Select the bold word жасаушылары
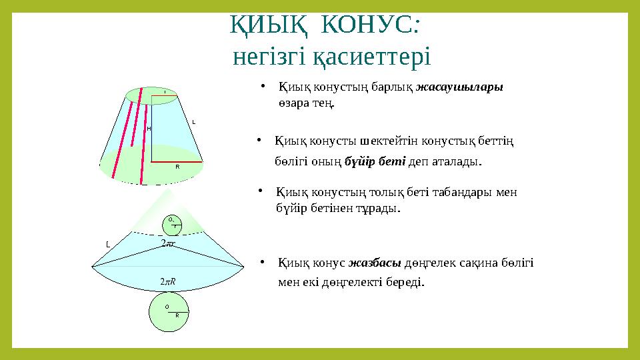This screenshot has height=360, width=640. (459, 87)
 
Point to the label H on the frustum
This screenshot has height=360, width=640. (149, 128)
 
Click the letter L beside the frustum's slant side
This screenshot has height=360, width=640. (193, 122)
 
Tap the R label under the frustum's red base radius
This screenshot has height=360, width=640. (177, 167)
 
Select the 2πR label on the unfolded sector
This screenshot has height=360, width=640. (168, 282)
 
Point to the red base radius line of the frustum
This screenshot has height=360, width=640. (177, 161)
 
